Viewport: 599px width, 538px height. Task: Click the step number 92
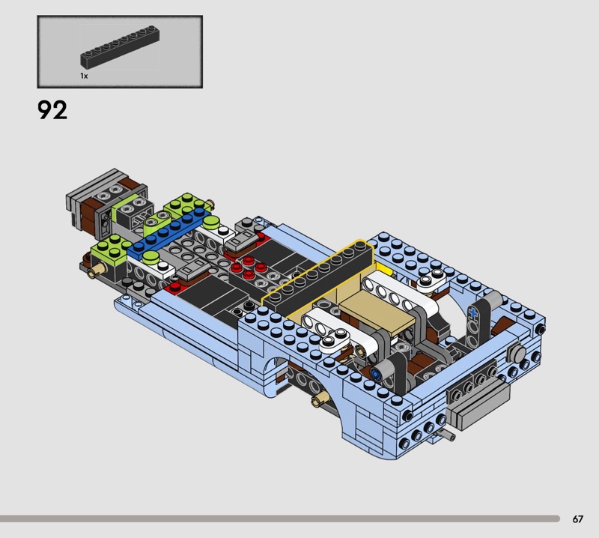coord(52,110)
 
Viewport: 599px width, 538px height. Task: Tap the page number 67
coord(577,519)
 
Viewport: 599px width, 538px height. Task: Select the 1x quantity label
coord(84,76)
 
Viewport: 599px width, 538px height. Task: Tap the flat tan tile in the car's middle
coord(377,310)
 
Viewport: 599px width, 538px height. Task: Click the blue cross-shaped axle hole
coord(473,313)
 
